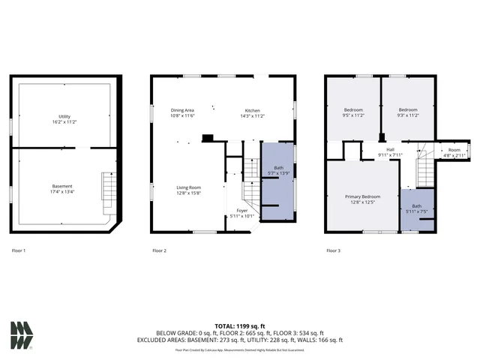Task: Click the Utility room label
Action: [65, 118]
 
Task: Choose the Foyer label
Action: [242, 213]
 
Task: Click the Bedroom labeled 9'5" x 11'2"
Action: [353, 113]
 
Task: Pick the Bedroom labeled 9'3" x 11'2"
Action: [408, 113]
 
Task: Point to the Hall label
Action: [390, 152]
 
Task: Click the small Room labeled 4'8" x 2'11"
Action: [454, 152]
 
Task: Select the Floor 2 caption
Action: [159, 250]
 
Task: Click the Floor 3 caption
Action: [333, 250]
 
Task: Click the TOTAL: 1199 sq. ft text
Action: [240, 326]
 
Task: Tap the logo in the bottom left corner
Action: [22, 335]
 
